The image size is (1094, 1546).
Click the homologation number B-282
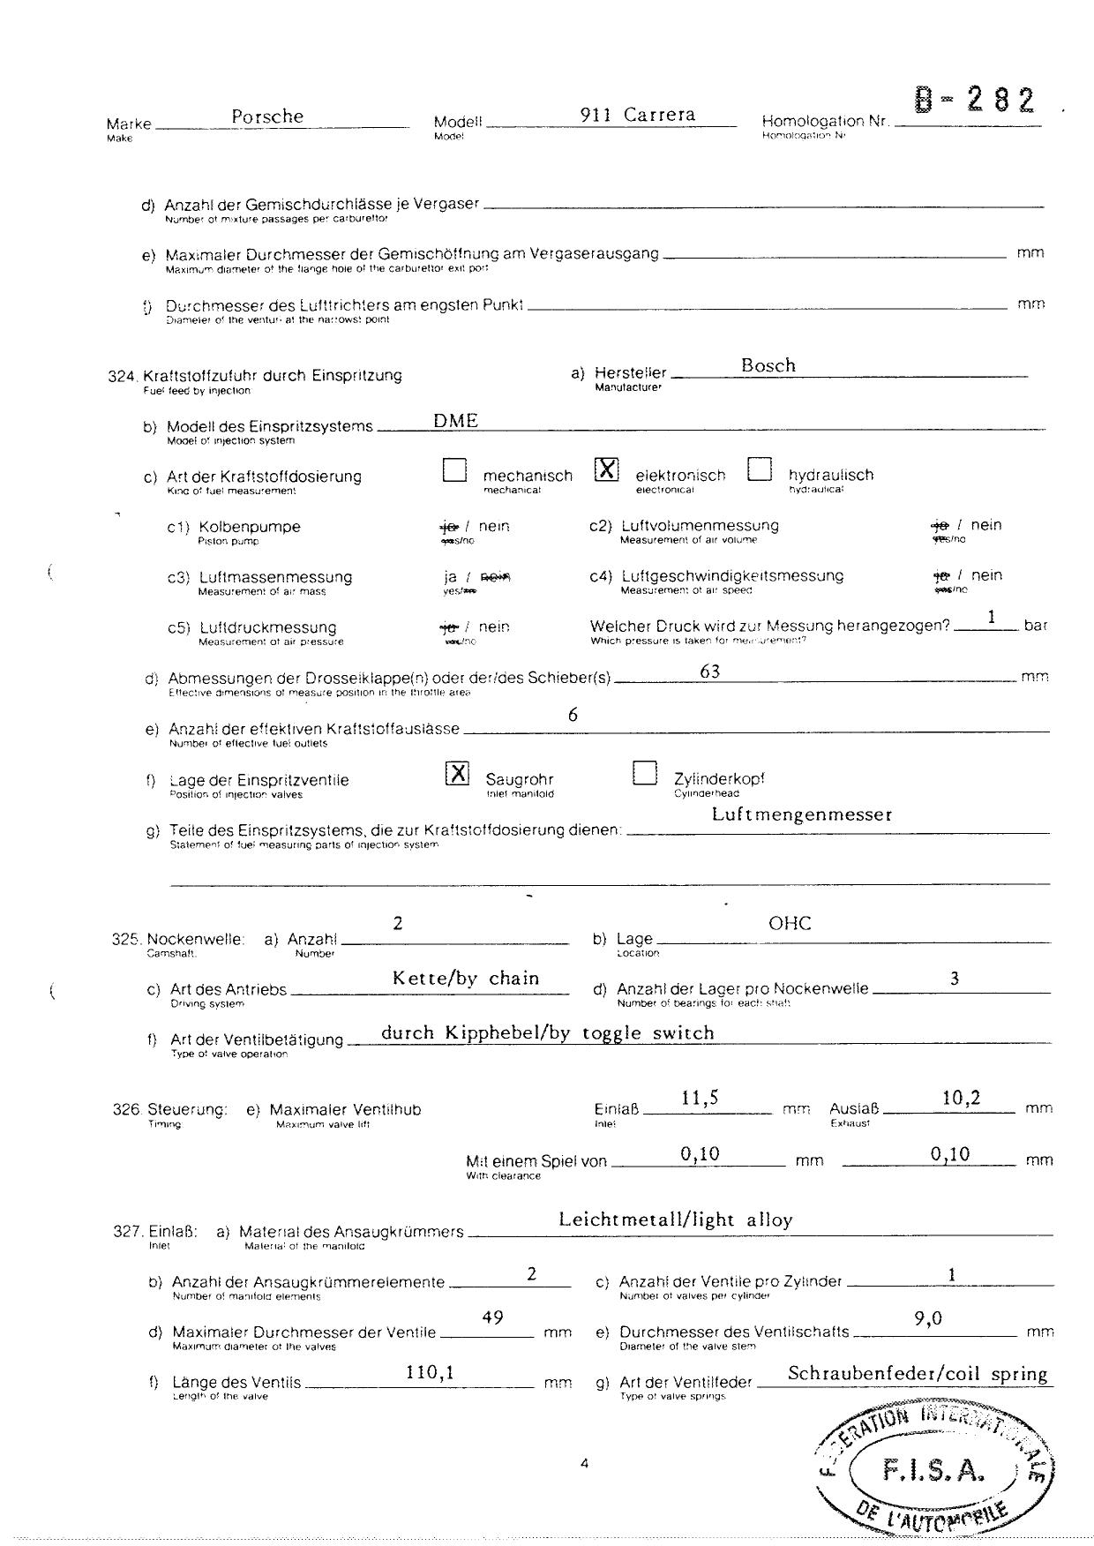coord(975,101)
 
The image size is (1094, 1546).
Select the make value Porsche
coord(267,116)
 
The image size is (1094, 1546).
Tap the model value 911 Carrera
coord(638,115)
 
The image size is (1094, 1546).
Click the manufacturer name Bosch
coord(768,365)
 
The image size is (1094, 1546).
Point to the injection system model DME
coord(455,420)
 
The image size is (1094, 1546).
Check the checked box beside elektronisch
coord(607,469)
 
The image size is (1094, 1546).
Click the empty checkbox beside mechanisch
coord(454,470)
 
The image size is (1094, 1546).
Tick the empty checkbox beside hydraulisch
coord(759,469)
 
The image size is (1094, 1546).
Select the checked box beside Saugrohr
coord(457,773)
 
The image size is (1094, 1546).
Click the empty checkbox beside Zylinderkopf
coord(645,773)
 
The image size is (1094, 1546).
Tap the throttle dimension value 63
coord(709,672)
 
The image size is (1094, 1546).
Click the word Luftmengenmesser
coord(801,814)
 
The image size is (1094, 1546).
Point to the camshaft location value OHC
coord(790,923)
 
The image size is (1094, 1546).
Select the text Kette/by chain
coord(466,978)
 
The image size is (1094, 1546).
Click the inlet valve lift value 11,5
coord(700,1098)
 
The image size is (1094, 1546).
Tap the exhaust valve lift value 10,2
coord(961,1098)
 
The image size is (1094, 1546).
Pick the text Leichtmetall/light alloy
coord(675,1220)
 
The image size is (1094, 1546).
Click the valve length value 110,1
coord(430,1372)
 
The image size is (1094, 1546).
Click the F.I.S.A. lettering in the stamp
coord(933,1470)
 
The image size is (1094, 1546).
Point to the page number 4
coord(584,1464)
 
